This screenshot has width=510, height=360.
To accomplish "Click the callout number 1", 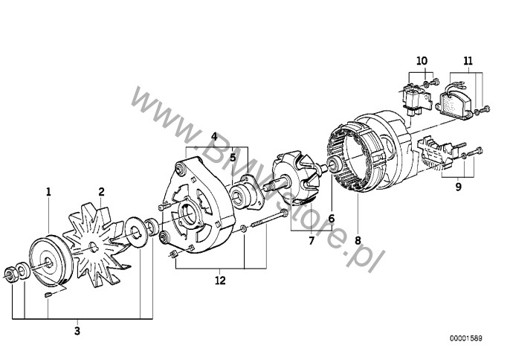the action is [48, 192].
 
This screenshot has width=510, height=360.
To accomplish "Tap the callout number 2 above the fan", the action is [101, 192].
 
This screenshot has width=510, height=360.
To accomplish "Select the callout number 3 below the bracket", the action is [77, 331].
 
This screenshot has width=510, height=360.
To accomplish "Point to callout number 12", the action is [220, 280].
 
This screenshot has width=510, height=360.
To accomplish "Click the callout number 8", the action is [358, 240].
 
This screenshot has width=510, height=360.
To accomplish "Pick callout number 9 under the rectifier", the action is [458, 187].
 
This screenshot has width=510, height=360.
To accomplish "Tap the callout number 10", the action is [422, 61].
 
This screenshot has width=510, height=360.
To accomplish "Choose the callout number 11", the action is [468, 61].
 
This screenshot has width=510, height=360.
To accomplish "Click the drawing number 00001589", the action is [466, 338].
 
